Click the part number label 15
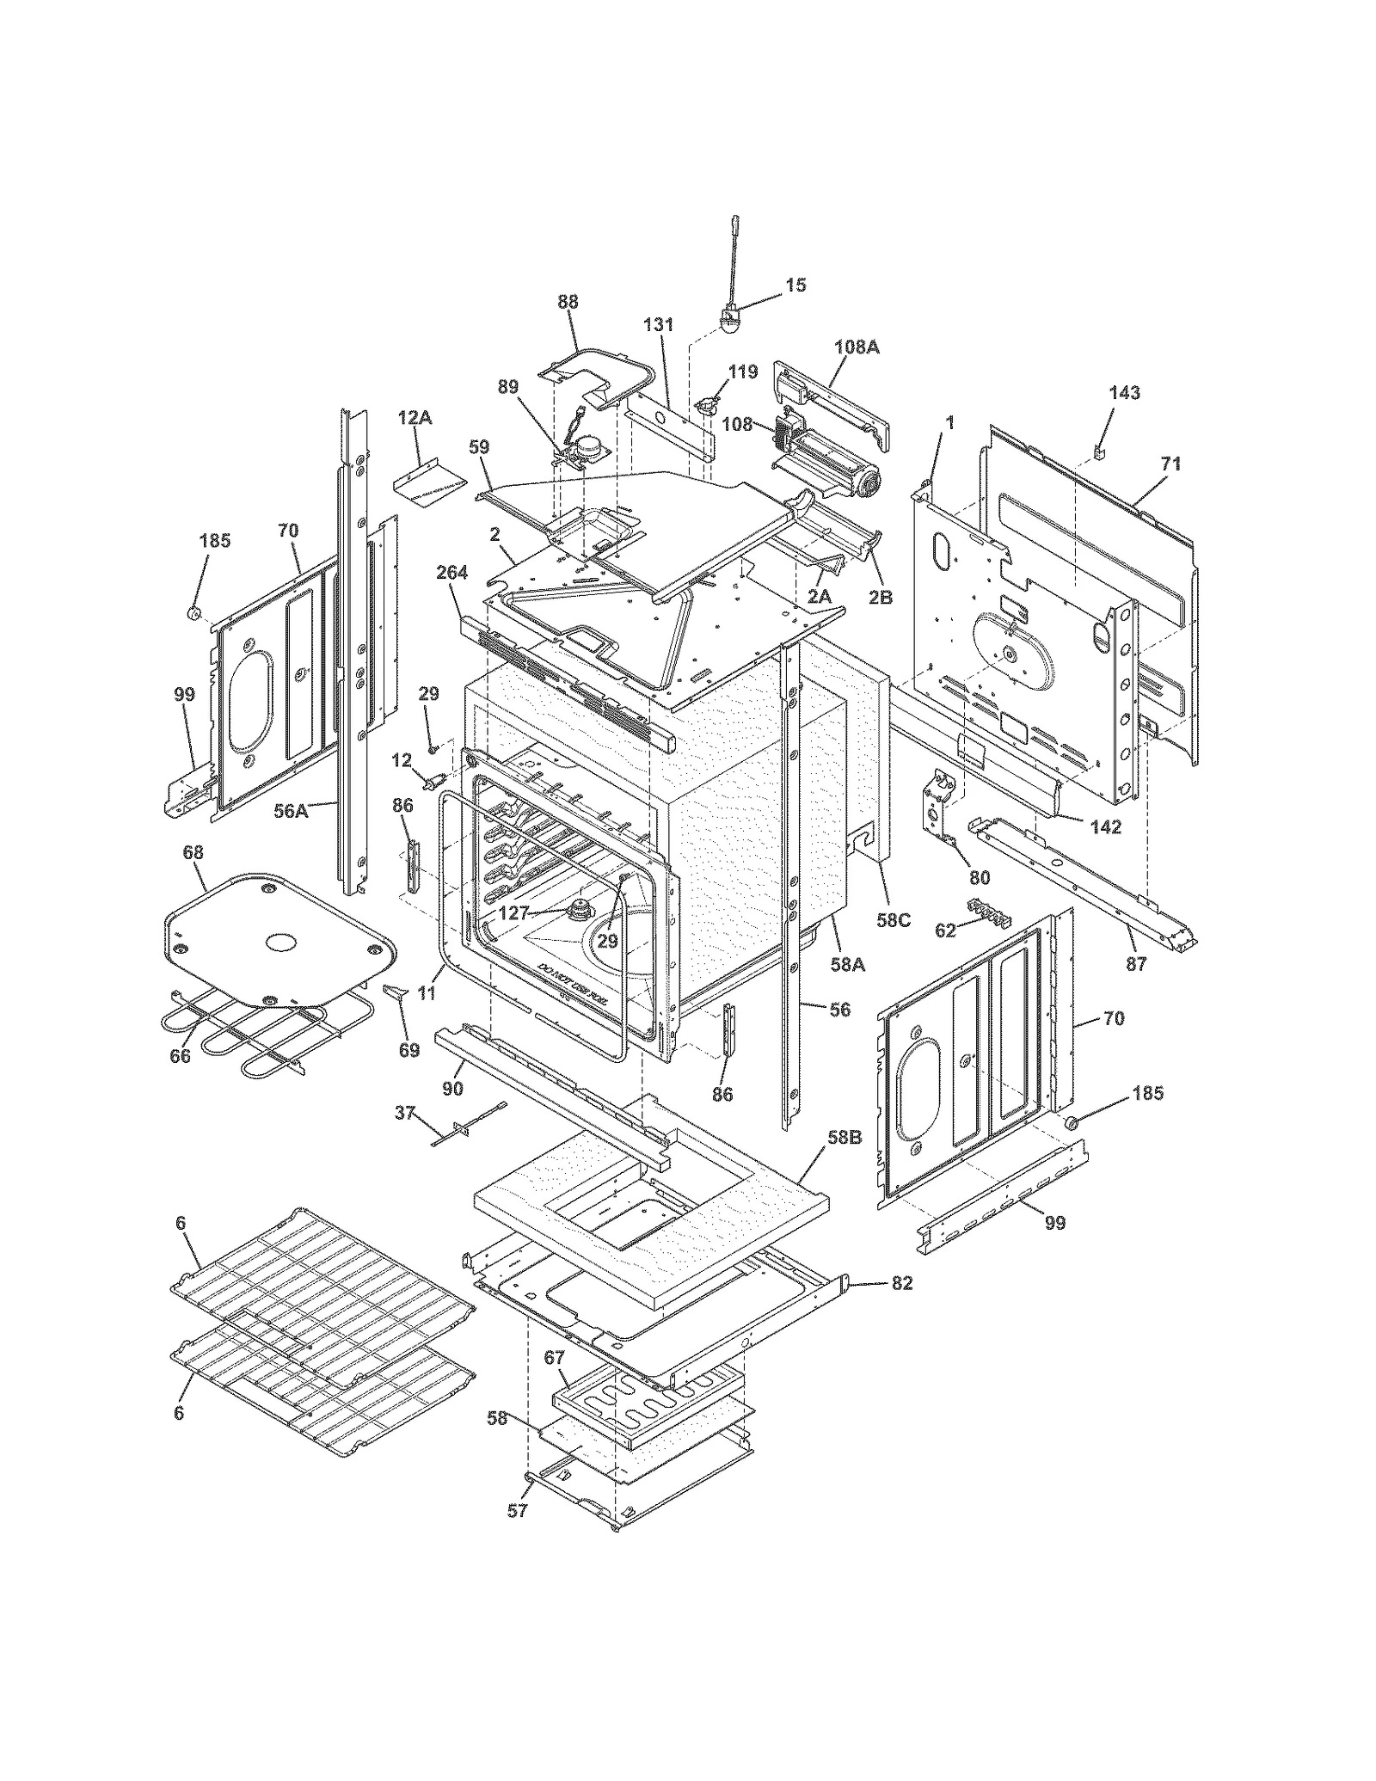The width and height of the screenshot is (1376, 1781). click(x=796, y=285)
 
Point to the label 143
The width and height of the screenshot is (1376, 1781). click(x=1124, y=393)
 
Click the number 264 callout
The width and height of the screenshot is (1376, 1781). click(x=451, y=573)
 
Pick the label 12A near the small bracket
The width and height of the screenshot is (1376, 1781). click(x=415, y=418)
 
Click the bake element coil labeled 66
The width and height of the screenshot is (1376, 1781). click(x=258, y=1036)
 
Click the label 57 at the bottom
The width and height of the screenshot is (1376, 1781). click(x=517, y=1534)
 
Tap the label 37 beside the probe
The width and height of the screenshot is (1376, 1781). click(x=404, y=1114)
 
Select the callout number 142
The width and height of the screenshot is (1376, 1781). click(x=1106, y=827)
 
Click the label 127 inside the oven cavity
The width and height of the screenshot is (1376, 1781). click(x=513, y=914)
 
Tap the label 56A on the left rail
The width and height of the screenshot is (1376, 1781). click(x=291, y=810)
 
